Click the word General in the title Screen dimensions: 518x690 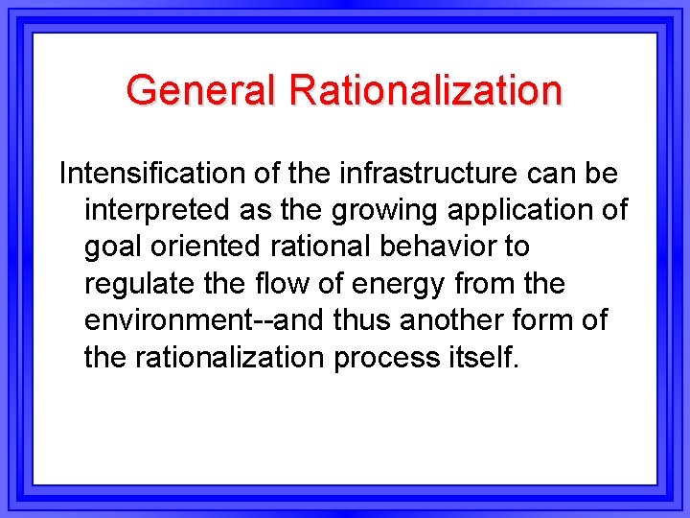201,90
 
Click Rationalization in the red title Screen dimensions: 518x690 425,90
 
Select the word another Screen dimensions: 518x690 458,320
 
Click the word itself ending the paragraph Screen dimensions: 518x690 483,357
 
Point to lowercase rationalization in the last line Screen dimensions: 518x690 231,357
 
